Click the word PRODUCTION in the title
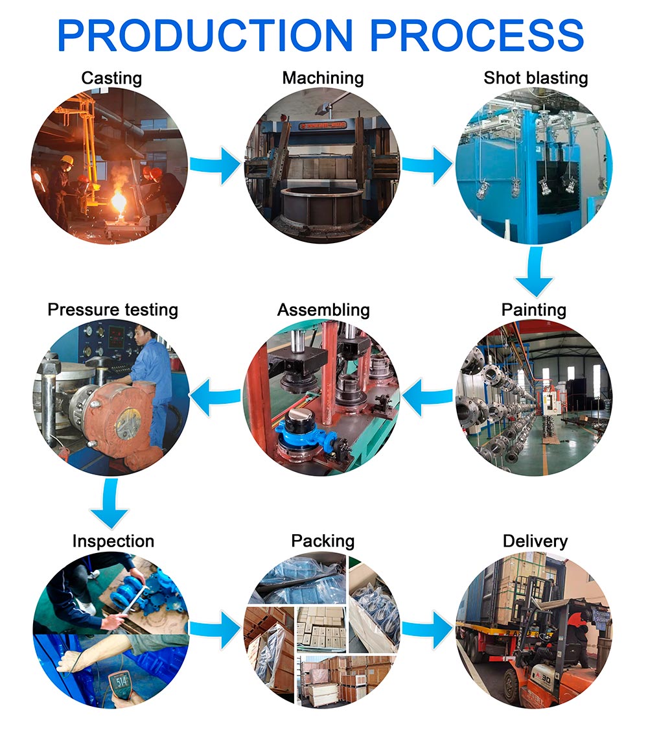206,35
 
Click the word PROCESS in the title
476,35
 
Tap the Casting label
111,78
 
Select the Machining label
323,78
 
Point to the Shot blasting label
535,78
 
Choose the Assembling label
323,309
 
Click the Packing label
323,541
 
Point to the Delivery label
535,541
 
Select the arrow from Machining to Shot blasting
428,166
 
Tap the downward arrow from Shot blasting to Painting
535,272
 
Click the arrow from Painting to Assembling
428,396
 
